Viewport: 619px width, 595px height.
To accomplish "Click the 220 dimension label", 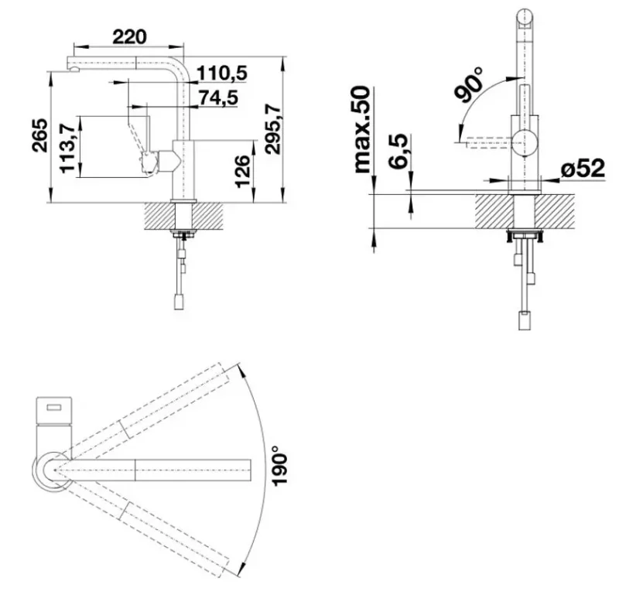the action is pos(129,36).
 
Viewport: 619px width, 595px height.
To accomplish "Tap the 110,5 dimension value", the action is pos(222,73).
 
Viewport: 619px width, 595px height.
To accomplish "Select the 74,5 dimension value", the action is pos(219,97).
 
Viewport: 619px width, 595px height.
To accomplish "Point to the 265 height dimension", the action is pos(40,135).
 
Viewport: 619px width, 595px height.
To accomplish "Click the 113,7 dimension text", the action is pos(67,148).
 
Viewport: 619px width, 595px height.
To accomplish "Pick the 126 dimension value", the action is pos(242,171).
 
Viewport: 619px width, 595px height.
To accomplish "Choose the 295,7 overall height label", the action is pos(273,129).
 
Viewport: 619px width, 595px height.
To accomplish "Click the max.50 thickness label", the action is pos(363,129).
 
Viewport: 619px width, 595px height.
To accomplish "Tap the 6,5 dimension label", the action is pos(398,151).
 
